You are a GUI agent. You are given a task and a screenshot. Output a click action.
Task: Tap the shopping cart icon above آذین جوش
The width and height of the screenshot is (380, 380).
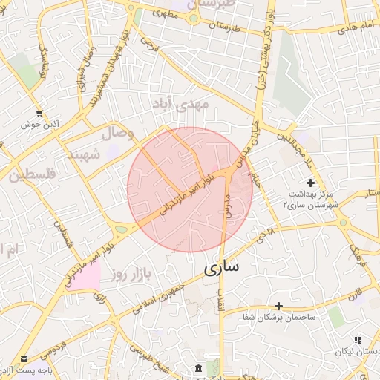point(39,114)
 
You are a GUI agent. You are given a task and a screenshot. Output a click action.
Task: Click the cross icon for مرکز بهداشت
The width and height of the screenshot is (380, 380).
point(310,183)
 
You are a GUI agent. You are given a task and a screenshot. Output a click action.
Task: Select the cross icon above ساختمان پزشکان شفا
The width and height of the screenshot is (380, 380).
point(278,305)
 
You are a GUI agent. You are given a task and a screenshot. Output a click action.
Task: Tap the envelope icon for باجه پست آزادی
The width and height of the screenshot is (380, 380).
point(24,358)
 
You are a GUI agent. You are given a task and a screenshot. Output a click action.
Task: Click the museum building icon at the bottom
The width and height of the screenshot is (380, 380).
point(198,369)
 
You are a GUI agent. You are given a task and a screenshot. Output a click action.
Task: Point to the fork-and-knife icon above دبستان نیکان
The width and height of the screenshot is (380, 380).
point(358,340)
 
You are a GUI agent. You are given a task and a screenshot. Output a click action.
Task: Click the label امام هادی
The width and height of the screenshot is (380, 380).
point(356,27)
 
